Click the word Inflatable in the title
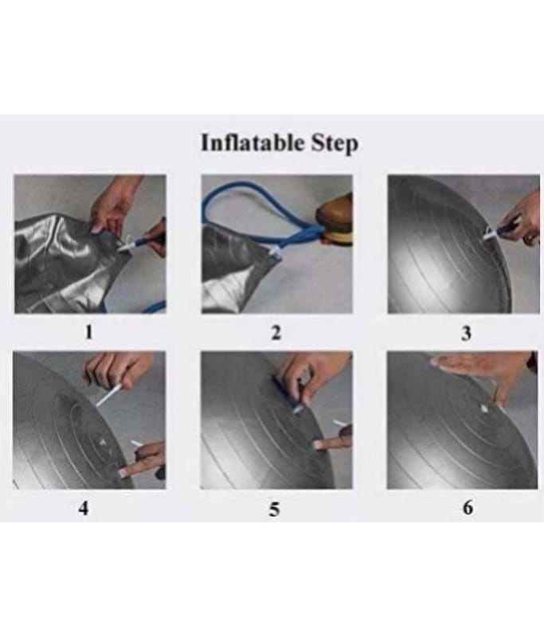click(252, 143)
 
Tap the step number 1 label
click(88, 332)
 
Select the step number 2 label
click(276, 332)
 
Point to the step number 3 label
click(467, 333)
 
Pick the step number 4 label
click(84, 508)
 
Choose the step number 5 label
click(275, 509)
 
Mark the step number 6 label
click(468, 508)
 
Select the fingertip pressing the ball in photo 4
click(123, 471)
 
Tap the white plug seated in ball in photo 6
click(484, 408)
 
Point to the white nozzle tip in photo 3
click(490, 233)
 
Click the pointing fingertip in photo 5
click(318, 444)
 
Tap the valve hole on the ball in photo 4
click(102, 442)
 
